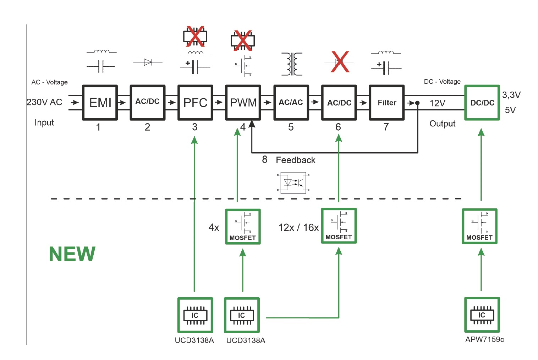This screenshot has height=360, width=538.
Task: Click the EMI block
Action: tap(100, 103)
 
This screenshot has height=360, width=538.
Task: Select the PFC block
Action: tap(195, 103)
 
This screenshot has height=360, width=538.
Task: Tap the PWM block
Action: tap(243, 103)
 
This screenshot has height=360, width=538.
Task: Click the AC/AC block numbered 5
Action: tap(291, 103)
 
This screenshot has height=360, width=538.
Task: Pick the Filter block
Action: tap(387, 103)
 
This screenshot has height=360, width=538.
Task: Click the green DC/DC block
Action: tap(482, 103)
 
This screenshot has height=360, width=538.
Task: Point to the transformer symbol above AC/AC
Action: tap(292, 64)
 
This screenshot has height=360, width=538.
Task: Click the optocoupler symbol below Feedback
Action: tap(293, 183)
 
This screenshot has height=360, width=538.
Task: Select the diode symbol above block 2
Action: tap(148, 62)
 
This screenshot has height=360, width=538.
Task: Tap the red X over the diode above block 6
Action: tap(340, 62)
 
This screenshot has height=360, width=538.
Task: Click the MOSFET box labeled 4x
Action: tap(243, 227)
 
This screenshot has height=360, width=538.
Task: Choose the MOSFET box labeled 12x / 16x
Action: tap(339, 226)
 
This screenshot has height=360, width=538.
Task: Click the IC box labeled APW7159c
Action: tap(482, 315)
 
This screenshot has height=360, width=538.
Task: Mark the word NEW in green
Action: tap(72, 254)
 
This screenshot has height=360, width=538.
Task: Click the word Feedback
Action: tap(296, 160)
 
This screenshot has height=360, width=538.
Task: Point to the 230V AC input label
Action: tap(44, 102)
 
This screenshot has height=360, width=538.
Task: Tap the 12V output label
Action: tap(437, 103)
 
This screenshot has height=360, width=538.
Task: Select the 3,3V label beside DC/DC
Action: tap(511, 95)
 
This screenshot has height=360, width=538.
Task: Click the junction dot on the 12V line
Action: tap(418, 103)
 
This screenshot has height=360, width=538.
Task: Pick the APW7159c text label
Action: tap(484, 339)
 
